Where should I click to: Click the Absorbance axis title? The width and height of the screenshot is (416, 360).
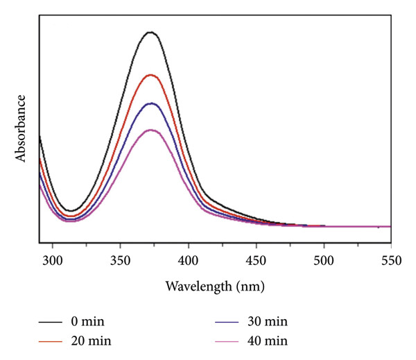tap(21, 128)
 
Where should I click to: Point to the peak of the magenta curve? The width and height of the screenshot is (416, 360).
tap(151, 130)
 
